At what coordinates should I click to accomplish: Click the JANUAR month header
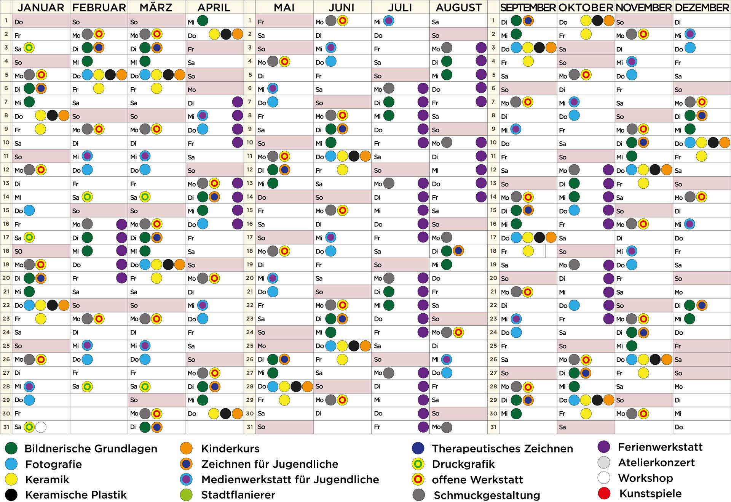(41, 7)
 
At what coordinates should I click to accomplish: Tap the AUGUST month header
(458, 7)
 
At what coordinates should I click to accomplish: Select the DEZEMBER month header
(702, 7)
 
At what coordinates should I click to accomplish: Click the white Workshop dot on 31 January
(41, 427)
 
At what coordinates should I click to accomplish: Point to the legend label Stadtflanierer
(238, 495)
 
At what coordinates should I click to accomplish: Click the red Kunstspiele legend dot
(604, 493)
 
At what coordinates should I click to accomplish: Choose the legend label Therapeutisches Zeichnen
(502, 449)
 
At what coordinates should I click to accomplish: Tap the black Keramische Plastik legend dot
(11, 495)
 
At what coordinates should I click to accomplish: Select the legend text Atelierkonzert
(656, 463)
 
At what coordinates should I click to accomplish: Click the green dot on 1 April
(203, 21)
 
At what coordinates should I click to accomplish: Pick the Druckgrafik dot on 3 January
(29, 48)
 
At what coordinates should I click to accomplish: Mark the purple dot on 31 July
(423, 427)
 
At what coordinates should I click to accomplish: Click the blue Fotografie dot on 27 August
(447, 373)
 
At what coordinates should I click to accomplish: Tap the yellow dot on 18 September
(528, 251)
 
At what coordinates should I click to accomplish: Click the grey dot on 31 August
(447, 427)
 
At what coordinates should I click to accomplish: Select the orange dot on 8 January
(64, 115)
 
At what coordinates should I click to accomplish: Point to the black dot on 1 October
(597, 21)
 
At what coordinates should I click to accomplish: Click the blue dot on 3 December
(690, 48)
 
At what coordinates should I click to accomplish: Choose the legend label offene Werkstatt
(477, 480)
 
